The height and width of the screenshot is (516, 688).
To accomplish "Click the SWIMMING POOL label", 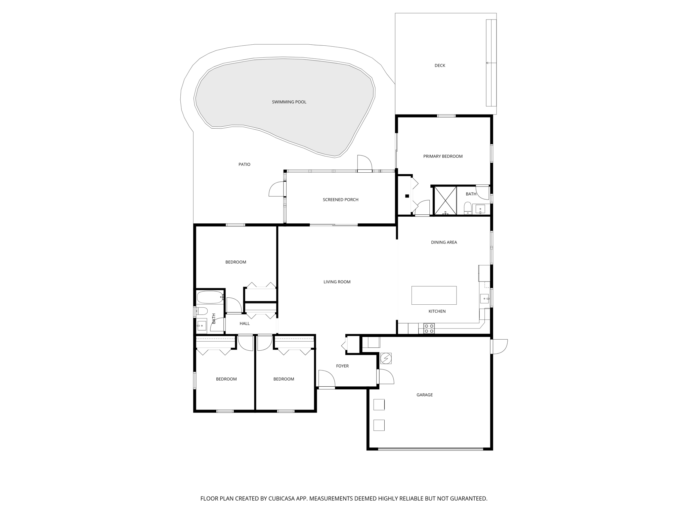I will point(289,102).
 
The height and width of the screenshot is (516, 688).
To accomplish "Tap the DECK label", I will point(439,66).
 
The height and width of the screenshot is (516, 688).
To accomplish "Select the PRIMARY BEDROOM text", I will point(443,156).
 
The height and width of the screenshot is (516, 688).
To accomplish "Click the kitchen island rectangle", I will point(434,295).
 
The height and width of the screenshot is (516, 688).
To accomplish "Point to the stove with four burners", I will point(429,328).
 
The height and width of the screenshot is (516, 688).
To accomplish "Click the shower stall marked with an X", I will point(445,200).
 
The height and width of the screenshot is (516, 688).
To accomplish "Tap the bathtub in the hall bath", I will point(210,297).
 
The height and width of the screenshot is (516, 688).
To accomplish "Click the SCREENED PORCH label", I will point(340,200).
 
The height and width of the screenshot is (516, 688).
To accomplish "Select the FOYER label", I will point(342,366).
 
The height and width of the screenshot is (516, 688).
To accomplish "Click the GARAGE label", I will point(424,395).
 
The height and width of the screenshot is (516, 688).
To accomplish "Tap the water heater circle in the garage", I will point(386,358).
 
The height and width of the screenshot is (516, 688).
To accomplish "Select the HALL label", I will point(245,324).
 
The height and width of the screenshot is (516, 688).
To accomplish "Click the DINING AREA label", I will point(444,242).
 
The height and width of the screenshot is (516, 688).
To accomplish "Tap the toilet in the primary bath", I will point(467,208).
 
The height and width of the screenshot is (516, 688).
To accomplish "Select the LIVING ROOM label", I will point(337,282).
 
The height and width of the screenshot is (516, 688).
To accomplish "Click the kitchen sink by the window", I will point(484,298).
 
